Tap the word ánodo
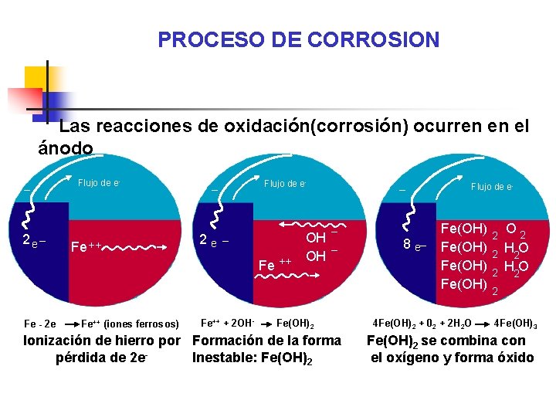(x=66, y=147)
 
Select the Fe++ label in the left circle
(x=86, y=248)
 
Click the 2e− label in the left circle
(x=34, y=241)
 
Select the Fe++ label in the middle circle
(x=274, y=265)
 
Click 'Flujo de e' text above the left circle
(x=99, y=183)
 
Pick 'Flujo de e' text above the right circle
(x=492, y=186)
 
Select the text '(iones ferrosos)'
(x=141, y=324)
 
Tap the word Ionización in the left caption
(x=62, y=341)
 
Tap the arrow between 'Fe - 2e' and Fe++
(x=72, y=324)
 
